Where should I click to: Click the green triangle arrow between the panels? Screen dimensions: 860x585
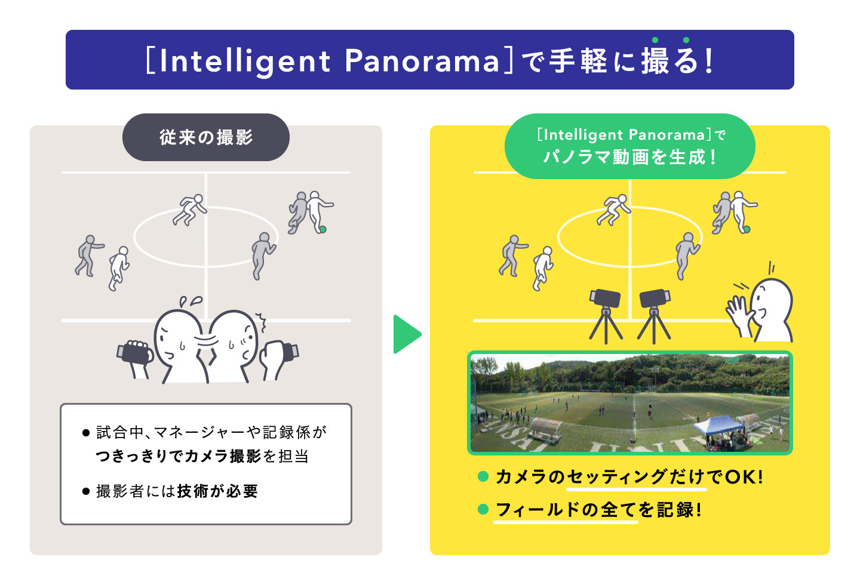407,334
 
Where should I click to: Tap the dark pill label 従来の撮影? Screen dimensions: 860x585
206,137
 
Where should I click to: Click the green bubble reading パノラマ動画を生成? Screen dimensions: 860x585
629,146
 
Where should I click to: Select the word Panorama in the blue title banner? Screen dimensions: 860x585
422,61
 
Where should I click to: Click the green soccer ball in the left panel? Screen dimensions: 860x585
322,229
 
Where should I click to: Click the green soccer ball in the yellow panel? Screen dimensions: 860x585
747,229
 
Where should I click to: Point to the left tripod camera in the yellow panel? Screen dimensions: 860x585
606,316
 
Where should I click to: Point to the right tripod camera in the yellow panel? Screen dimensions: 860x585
654,316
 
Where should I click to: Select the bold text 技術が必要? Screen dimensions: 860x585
217,491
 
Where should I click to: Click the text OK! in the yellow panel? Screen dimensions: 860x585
744,477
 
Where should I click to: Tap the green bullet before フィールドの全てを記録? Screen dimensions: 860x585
483,509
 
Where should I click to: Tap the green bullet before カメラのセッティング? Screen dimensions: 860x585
483,476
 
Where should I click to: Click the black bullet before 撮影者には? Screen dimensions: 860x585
86,491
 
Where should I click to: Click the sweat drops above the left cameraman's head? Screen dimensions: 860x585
191,301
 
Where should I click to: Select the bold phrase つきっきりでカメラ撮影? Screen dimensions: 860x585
178,456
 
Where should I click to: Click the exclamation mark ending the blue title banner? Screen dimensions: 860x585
709,61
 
